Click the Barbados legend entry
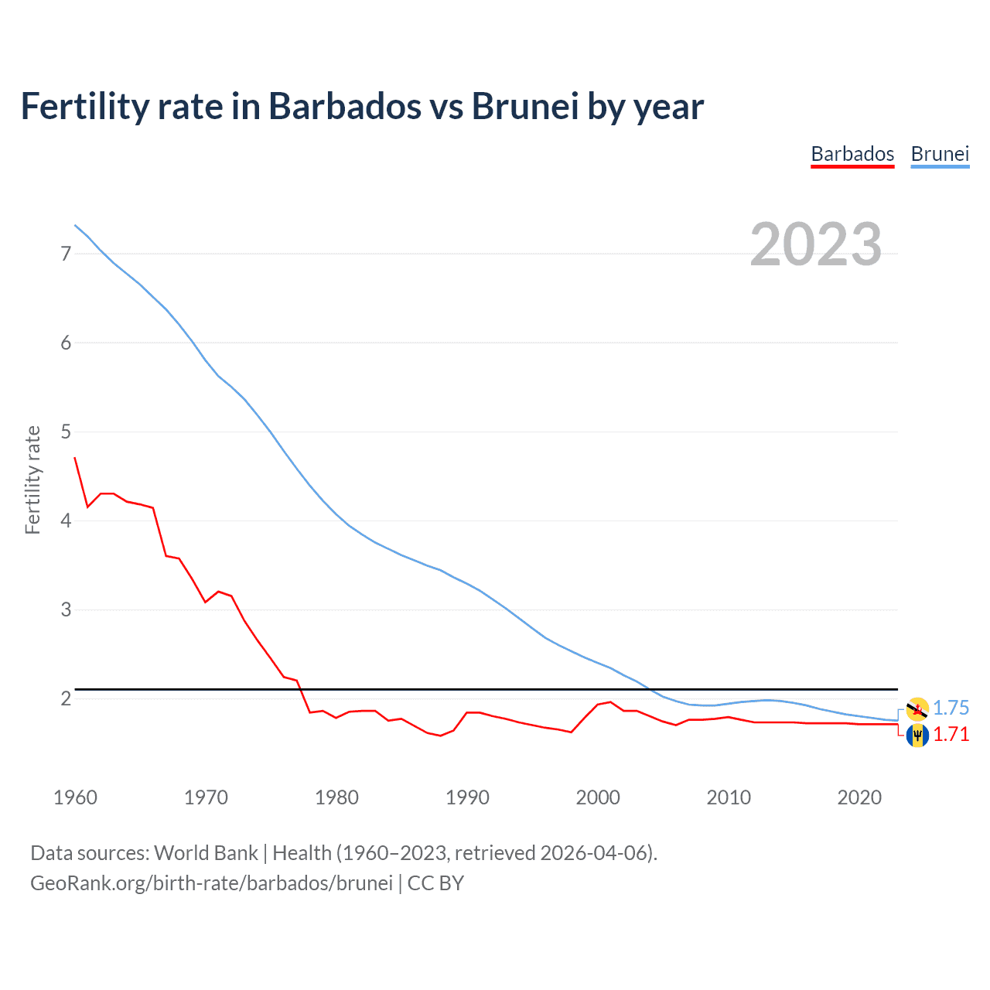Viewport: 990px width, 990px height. (x=852, y=154)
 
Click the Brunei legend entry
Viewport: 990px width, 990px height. (x=940, y=154)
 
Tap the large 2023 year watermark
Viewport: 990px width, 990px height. (x=816, y=244)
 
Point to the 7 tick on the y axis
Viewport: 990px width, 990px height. (x=66, y=254)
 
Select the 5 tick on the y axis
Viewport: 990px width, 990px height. (x=66, y=432)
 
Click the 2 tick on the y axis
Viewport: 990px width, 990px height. (x=66, y=698)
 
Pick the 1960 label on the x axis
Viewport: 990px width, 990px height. (x=75, y=797)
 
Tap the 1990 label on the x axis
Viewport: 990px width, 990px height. (x=467, y=797)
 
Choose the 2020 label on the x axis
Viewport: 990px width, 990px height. (x=859, y=797)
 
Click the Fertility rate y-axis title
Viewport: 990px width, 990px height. (x=32, y=480)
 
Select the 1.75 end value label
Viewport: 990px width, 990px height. (x=951, y=708)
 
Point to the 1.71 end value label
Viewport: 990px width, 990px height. (x=951, y=734)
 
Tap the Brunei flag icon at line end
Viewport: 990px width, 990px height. (x=917, y=708)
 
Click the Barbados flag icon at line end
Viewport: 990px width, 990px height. (x=917, y=735)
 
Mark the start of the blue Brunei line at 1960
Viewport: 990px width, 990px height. (x=75, y=225)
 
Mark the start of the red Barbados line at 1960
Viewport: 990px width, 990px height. (x=75, y=458)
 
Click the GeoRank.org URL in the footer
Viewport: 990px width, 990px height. (x=211, y=883)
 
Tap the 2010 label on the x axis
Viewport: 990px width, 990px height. (x=729, y=797)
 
